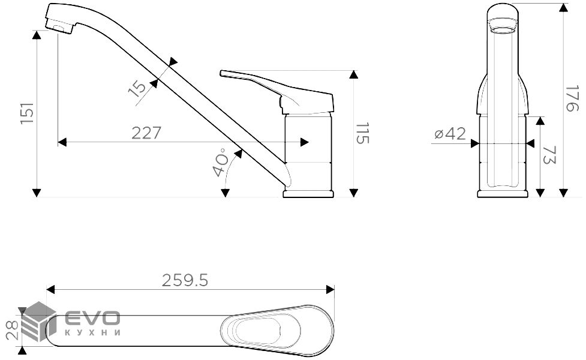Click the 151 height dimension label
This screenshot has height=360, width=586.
click(27, 113)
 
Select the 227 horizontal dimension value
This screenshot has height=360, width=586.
click(146, 133)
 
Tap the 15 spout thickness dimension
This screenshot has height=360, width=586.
click(137, 89)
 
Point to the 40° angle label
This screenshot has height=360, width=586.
click(221, 162)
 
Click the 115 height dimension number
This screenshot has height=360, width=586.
click(362, 133)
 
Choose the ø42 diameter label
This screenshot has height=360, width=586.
click(450, 133)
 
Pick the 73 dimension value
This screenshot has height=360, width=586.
click(549, 155)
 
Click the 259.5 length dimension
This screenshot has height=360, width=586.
click(185, 280)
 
